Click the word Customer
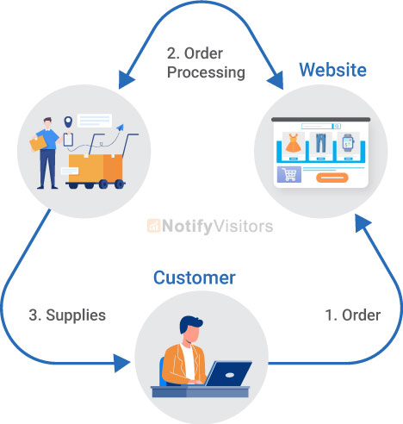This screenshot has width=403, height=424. (x=194, y=277)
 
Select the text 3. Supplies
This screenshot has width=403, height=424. (x=65, y=315)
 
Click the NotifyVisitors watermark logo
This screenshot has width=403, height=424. (x=210, y=227)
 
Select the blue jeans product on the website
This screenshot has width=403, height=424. (x=320, y=144)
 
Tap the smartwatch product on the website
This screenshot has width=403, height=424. (x=348, y=144)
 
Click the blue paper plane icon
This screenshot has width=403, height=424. (x=119, y=128)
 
